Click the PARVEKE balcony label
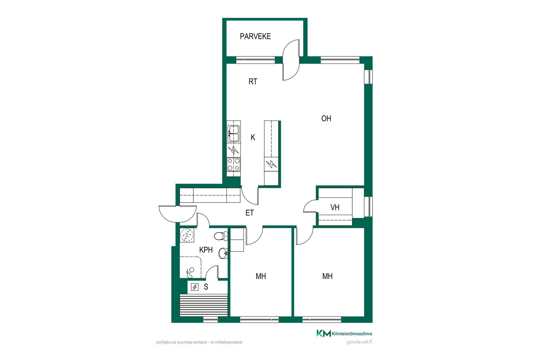(255, 36)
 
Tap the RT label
(253, 82)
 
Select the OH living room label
(326, 118)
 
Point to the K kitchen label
(253, 137)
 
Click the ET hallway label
(250, 213)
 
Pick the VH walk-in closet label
(335, 208)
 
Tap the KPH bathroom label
(206, 250)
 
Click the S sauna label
(206, 287)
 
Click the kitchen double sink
(233, 134)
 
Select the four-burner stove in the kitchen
(233, 164)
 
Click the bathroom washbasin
(223, 253)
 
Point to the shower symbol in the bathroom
(190, 273)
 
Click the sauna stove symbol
(195, 287)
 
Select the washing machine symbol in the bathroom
(187, 235)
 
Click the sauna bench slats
(204, 305)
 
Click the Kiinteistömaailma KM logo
(324, 333)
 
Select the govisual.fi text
(359, 342)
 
